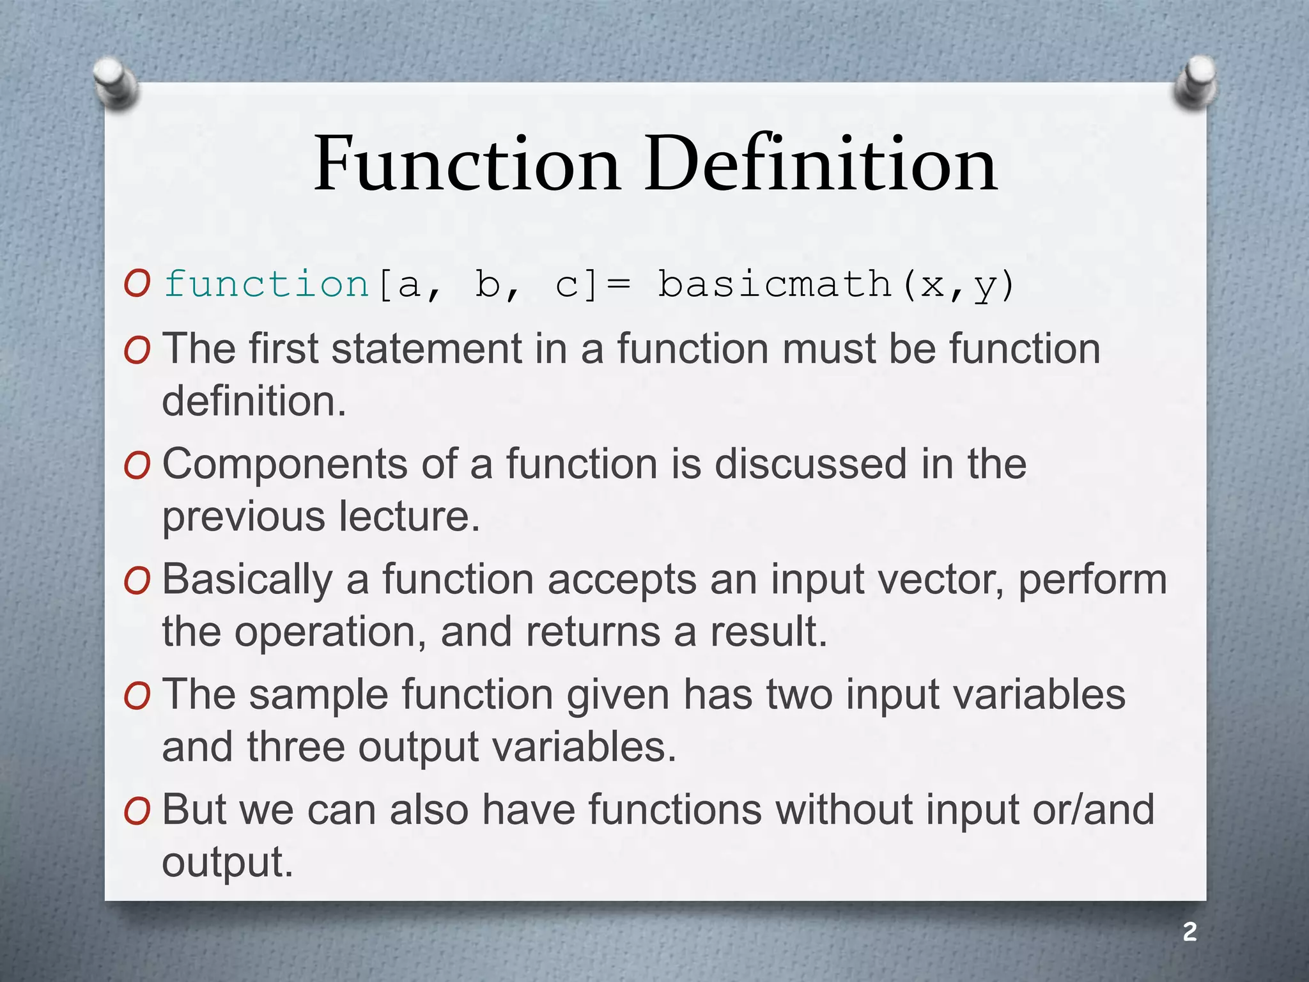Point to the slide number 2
[x=1189, y=931]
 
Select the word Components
[x=284, y=465]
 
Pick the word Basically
[x=247, y=581]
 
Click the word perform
[x=1092, y=581]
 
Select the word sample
[x=318, y=696]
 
